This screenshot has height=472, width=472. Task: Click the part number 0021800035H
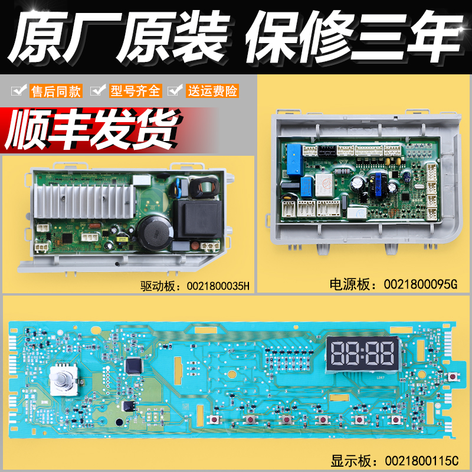218,286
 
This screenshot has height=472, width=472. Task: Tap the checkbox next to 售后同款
20,91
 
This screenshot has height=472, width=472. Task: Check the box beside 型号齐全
97,91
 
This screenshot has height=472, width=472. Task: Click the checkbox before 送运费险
174,91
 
